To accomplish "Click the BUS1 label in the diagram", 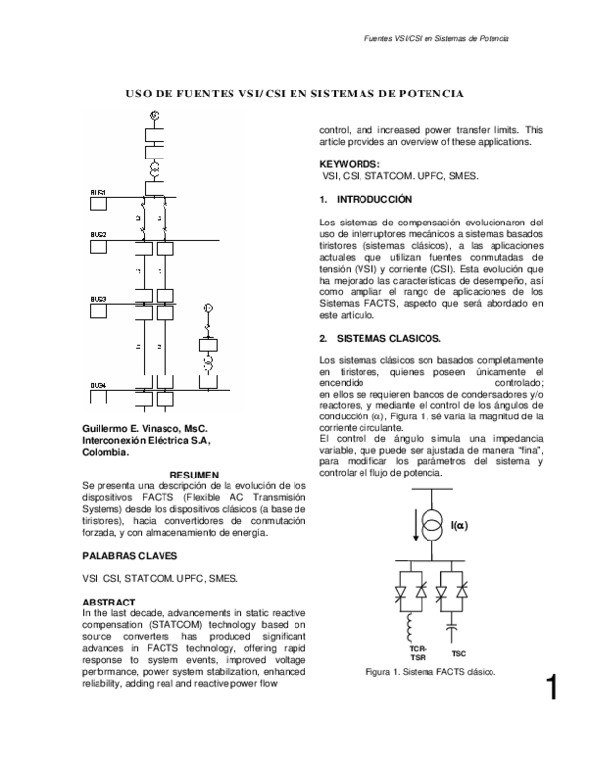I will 98,191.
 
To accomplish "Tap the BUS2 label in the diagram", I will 98,234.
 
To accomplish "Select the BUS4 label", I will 98,383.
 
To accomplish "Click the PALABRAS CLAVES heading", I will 127,555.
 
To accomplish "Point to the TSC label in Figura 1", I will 458,653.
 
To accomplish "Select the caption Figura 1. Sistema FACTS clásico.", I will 430,673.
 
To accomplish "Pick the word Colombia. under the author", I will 106,453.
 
